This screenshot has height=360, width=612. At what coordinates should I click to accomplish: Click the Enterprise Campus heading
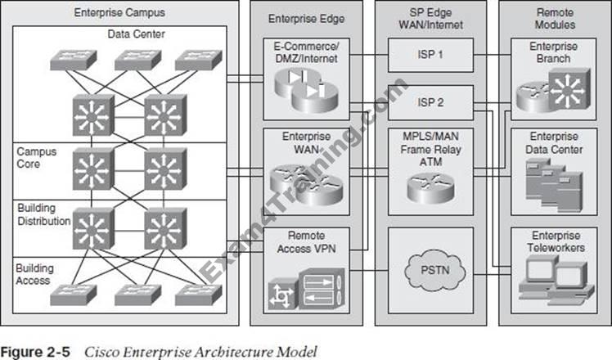pos(119,13)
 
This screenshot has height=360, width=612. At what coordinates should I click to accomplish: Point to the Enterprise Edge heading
pos(306,18)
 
